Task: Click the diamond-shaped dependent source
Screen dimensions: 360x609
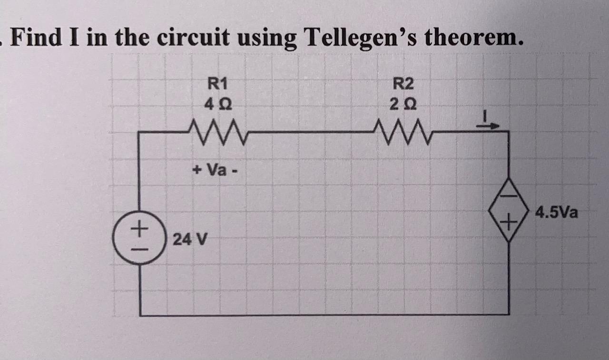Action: coord(509,210)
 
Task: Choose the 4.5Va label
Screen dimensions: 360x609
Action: coord(556,212)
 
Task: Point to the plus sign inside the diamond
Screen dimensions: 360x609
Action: coord(509,222)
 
